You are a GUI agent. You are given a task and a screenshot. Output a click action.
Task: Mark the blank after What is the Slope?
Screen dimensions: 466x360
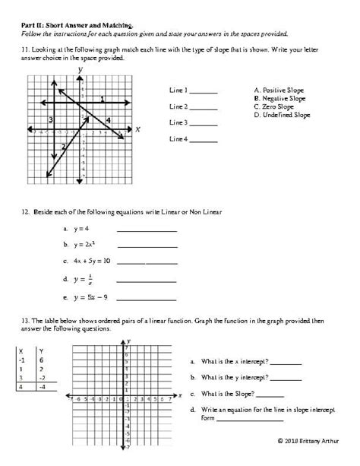(271, 395)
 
